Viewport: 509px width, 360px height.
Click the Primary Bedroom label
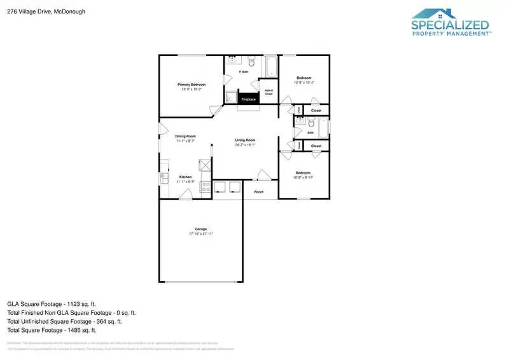tap(192, 85)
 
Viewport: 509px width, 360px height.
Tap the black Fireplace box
tap(248, 99)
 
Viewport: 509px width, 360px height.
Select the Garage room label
tap(200, 229)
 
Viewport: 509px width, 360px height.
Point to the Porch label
tap(259, 191)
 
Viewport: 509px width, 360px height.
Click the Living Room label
tap(245, 140)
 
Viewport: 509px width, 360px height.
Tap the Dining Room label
tap(185, 136)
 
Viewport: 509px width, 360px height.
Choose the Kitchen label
tap(185, 177)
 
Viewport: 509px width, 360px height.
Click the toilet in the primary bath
tap(251, 62)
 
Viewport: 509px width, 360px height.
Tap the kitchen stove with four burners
tap(206, 186)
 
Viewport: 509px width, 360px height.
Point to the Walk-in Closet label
tap(268, 91)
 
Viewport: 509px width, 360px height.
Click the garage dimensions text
tap(200, 234)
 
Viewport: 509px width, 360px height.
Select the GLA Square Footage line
tap(52, 304)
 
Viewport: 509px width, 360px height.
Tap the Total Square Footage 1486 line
tap(52, 330)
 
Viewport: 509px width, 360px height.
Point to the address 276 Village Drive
tap(46, 11)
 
